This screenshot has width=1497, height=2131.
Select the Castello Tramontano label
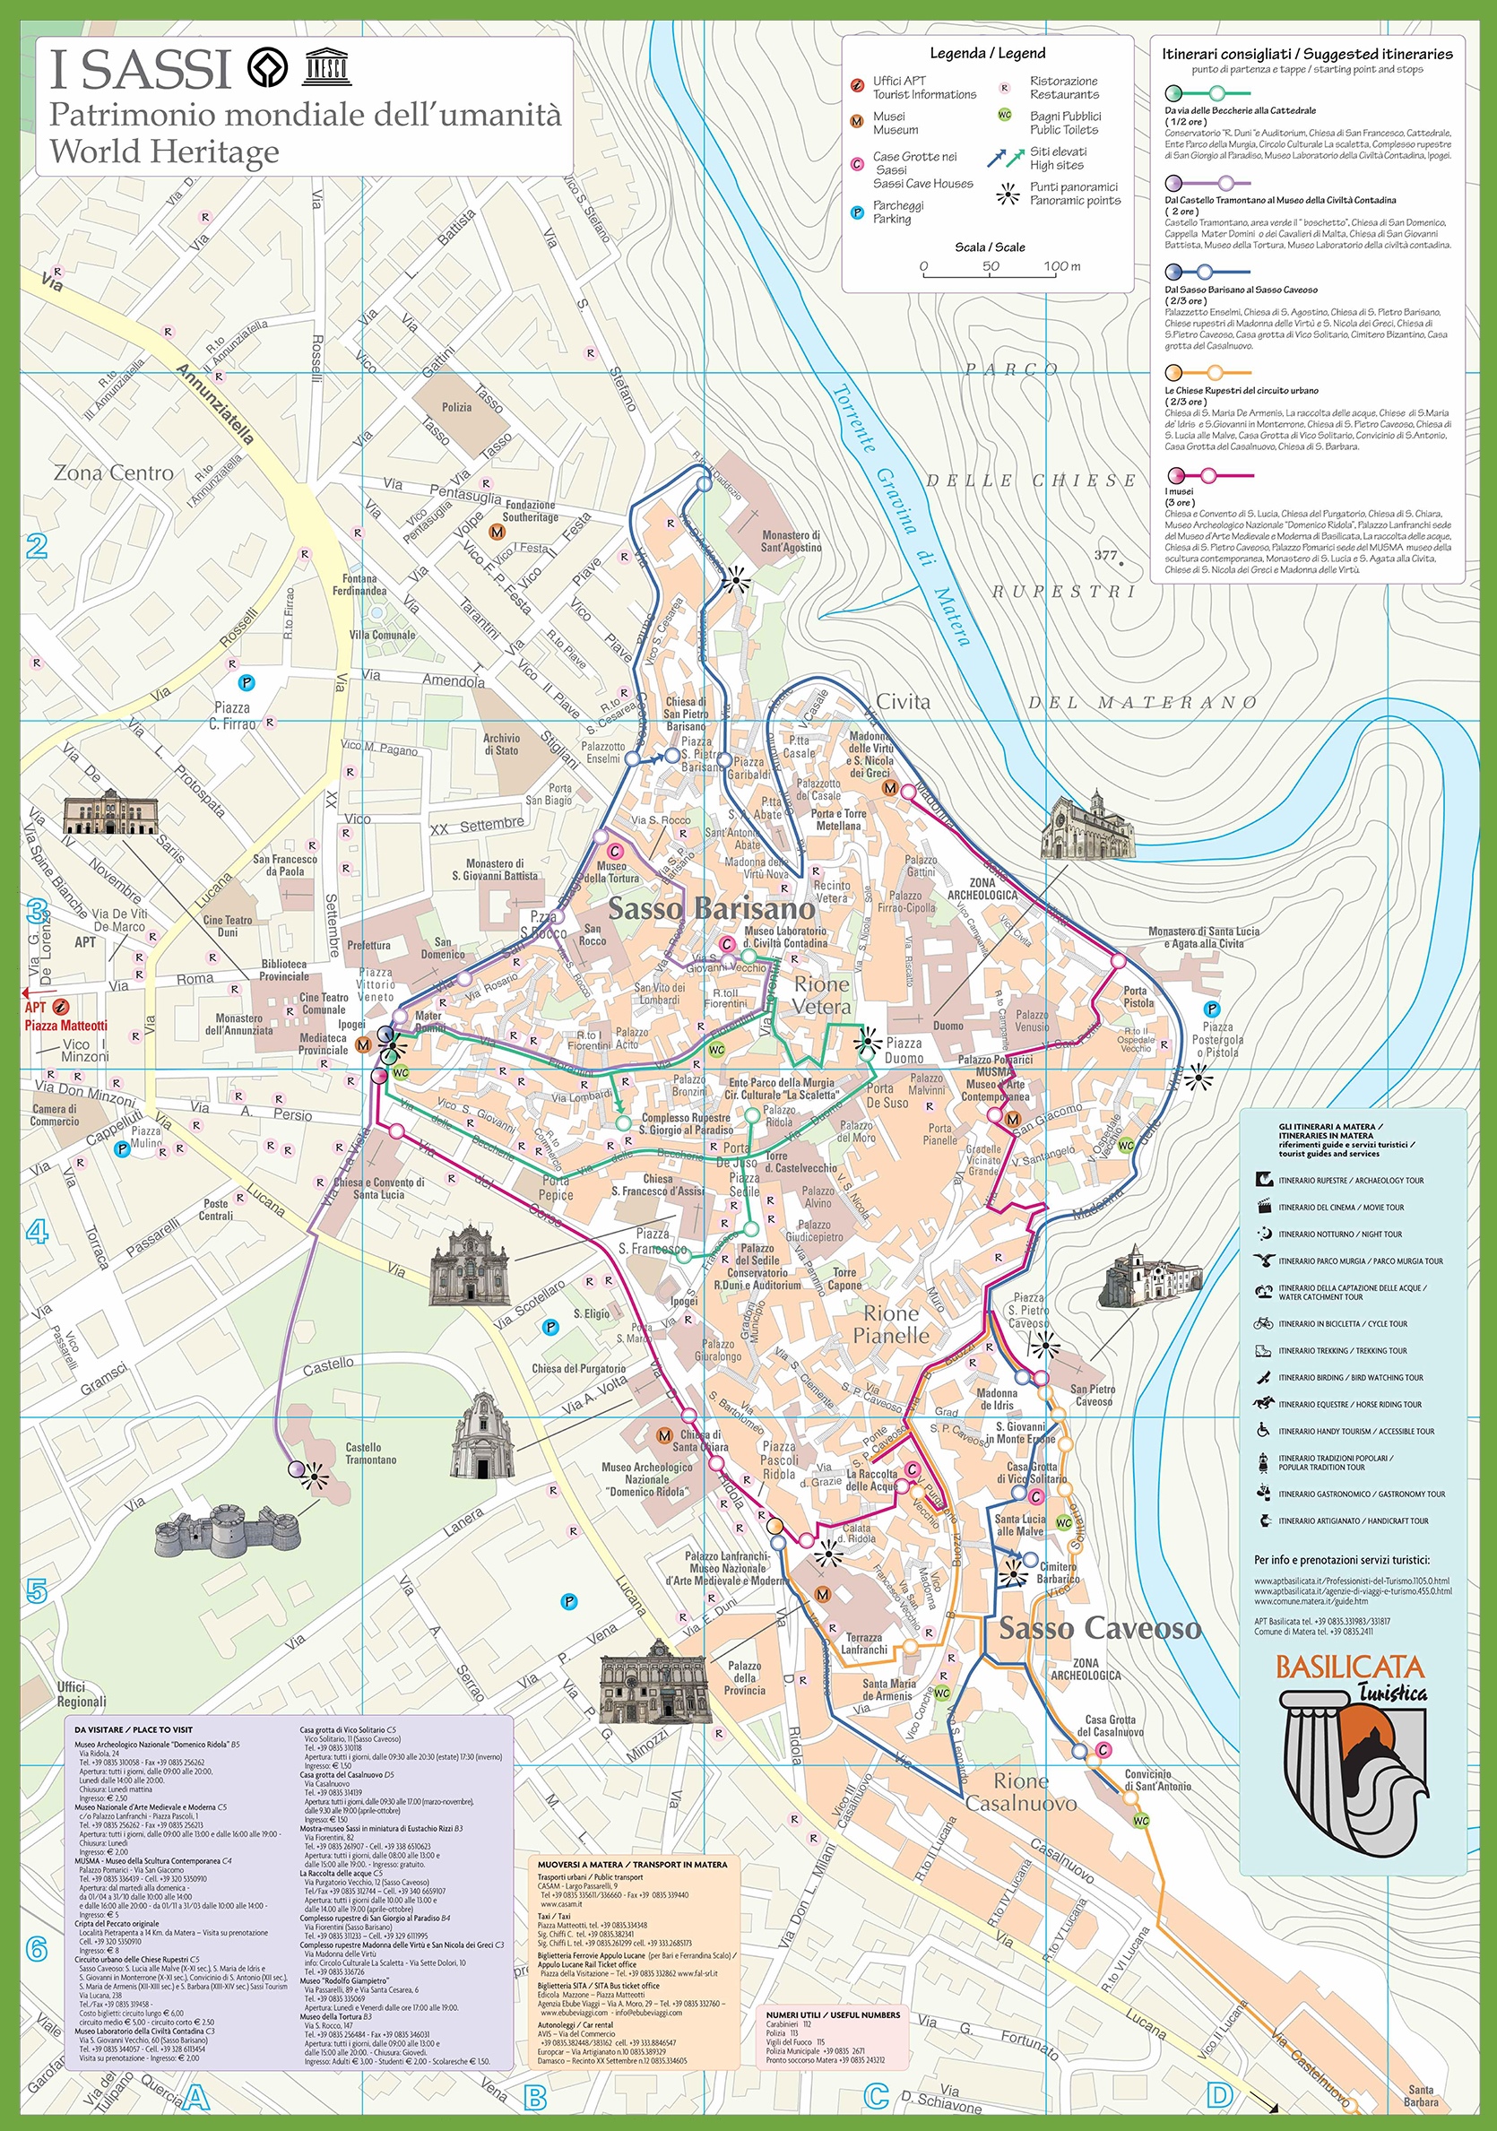pyautogui.click(x=370, y=1453)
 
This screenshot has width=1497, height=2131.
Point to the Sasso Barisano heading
pyautogui.click(x=711, y=908)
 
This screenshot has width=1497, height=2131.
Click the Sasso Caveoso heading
pyautogui.click(x=1100, y=1627)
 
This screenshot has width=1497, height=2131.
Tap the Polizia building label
pyautogui.click(x=456, y=407)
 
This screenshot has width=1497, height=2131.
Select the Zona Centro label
pyautogui.click(x=113, y=472)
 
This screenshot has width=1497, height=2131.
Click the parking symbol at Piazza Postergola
pyautogui.click(x=1211, y=1009)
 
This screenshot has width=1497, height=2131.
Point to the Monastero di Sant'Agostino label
pyautogui.click(x=791, y=541)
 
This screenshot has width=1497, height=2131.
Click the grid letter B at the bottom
pyautogui.click(x=535, y=2096)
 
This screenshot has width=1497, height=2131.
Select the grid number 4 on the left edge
pyautogui.click(x=37, y=1232)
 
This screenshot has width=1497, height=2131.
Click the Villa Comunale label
pyautogui.click(x=383, y=635)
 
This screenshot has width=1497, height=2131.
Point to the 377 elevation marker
pyautogui.click(x=1106, y=555)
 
